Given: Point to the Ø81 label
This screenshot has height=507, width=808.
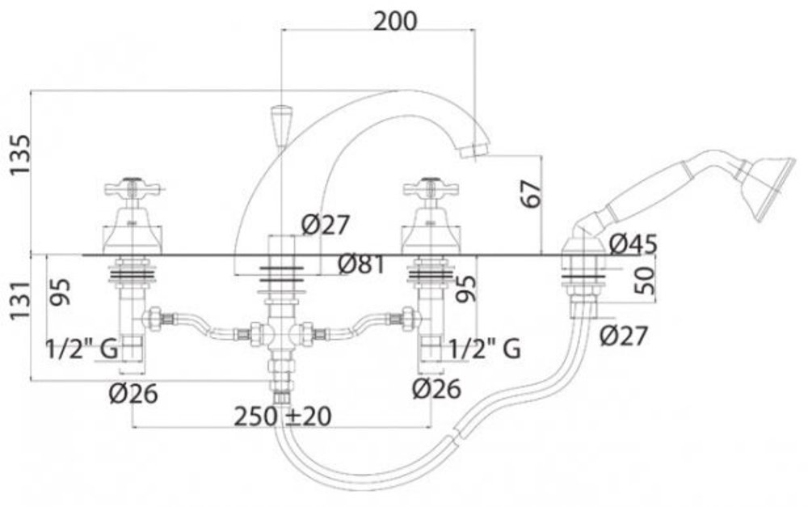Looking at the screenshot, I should (360, 264).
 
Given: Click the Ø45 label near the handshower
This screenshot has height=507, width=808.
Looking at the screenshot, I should (633, 243).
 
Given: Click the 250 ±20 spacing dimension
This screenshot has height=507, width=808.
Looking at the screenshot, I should (284, 416).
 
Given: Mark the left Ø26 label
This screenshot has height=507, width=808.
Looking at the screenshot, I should (133, 393).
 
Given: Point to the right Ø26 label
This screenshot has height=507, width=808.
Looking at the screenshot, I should (436, 390).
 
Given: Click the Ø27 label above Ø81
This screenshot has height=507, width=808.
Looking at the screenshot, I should (326, 225).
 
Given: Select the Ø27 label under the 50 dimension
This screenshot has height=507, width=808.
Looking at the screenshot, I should (623, 336).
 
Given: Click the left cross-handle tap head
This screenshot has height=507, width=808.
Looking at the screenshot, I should (133, 192).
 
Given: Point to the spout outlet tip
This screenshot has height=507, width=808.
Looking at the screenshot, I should (480, 150).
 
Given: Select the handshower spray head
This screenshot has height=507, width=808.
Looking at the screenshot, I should (764, 187).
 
